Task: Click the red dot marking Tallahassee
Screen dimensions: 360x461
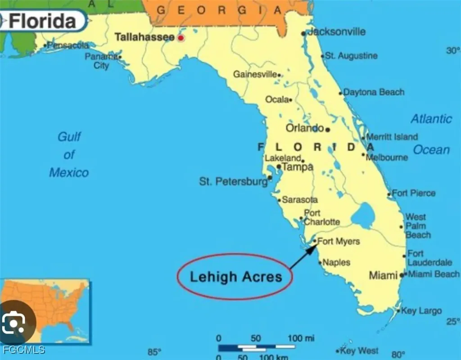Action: click(x=181, y=38)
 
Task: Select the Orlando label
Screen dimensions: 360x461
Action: click(x=305, y=128)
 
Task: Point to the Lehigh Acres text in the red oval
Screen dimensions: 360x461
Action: click(x=235, y=276)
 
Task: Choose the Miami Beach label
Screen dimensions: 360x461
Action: click(x=434, y=274)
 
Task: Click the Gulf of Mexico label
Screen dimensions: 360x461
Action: click(x=69, y=154)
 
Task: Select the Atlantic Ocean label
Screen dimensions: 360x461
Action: click(x=431, y=134)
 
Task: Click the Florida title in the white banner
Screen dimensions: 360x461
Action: click(x=43, y=21)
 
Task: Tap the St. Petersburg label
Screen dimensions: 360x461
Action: click(x=233, y=182)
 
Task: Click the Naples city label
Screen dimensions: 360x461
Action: click(x=336, y=262)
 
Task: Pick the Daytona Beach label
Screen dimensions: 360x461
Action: click(x=374, y=92)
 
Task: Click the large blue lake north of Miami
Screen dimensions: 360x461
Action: click(x=363, y=215)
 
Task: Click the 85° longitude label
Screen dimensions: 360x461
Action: click(x=154, y=352)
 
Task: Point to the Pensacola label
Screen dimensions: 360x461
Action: click(x=68, y=45)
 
